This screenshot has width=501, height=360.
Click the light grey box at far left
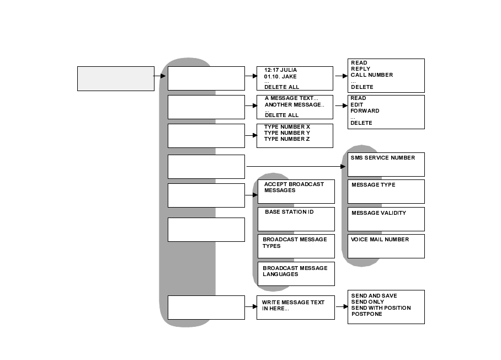(x=115, y=78)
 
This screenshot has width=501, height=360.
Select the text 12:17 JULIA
(x=280, y=70)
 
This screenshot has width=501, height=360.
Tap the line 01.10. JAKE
(x=280, y=77)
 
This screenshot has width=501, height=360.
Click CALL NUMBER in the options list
(x=371, y=75)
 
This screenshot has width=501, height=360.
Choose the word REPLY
(x=360, y=69)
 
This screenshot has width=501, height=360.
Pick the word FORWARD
(x=364, y=111)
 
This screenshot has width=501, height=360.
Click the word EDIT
(x=357, y=105)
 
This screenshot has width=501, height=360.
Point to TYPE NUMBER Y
(x=287, y=133)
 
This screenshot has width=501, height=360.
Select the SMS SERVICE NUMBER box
(x=386, y=164)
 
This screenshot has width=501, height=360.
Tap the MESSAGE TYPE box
(x=386, y=191)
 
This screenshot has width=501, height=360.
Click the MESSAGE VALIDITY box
(x=386, y=219)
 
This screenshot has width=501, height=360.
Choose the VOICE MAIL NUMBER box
(x=386, y=246)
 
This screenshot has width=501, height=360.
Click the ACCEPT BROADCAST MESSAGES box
(x=296, y=191)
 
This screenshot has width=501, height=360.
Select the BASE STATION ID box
(x=296, y=219)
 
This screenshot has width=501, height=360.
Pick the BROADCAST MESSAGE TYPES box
(x=296, y=246)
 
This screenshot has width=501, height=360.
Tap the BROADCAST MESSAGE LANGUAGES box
(x=296, y=273)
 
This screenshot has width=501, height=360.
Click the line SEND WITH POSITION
(x=381, y=308)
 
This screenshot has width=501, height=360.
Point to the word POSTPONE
(x=366, y=314)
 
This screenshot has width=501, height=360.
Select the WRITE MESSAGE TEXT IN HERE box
(x=295, y=307)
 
